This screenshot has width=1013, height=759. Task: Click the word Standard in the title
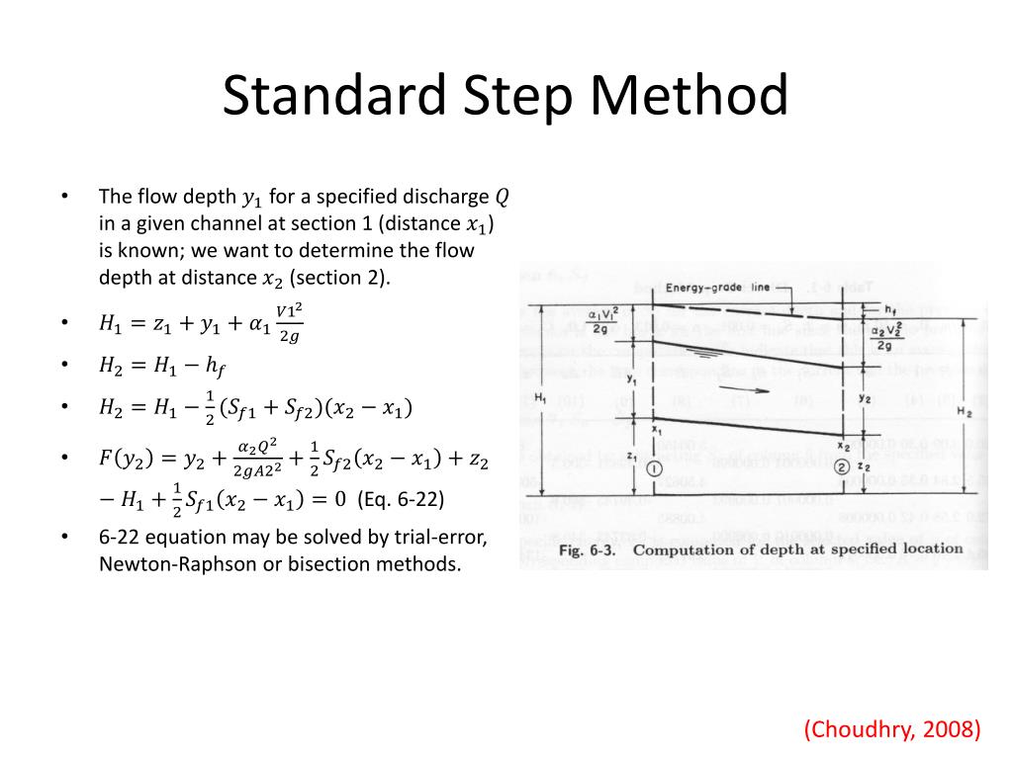click(317, 97)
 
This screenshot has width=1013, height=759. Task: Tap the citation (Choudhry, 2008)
click(891, 729)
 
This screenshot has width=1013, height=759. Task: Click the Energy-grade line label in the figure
click(717, 288)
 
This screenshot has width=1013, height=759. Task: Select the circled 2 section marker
click(842, 467)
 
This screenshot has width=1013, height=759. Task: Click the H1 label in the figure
click(539, 397)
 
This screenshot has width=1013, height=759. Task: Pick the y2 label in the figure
click(865, 398)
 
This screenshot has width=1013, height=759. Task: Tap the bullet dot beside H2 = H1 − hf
click(64, 365)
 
